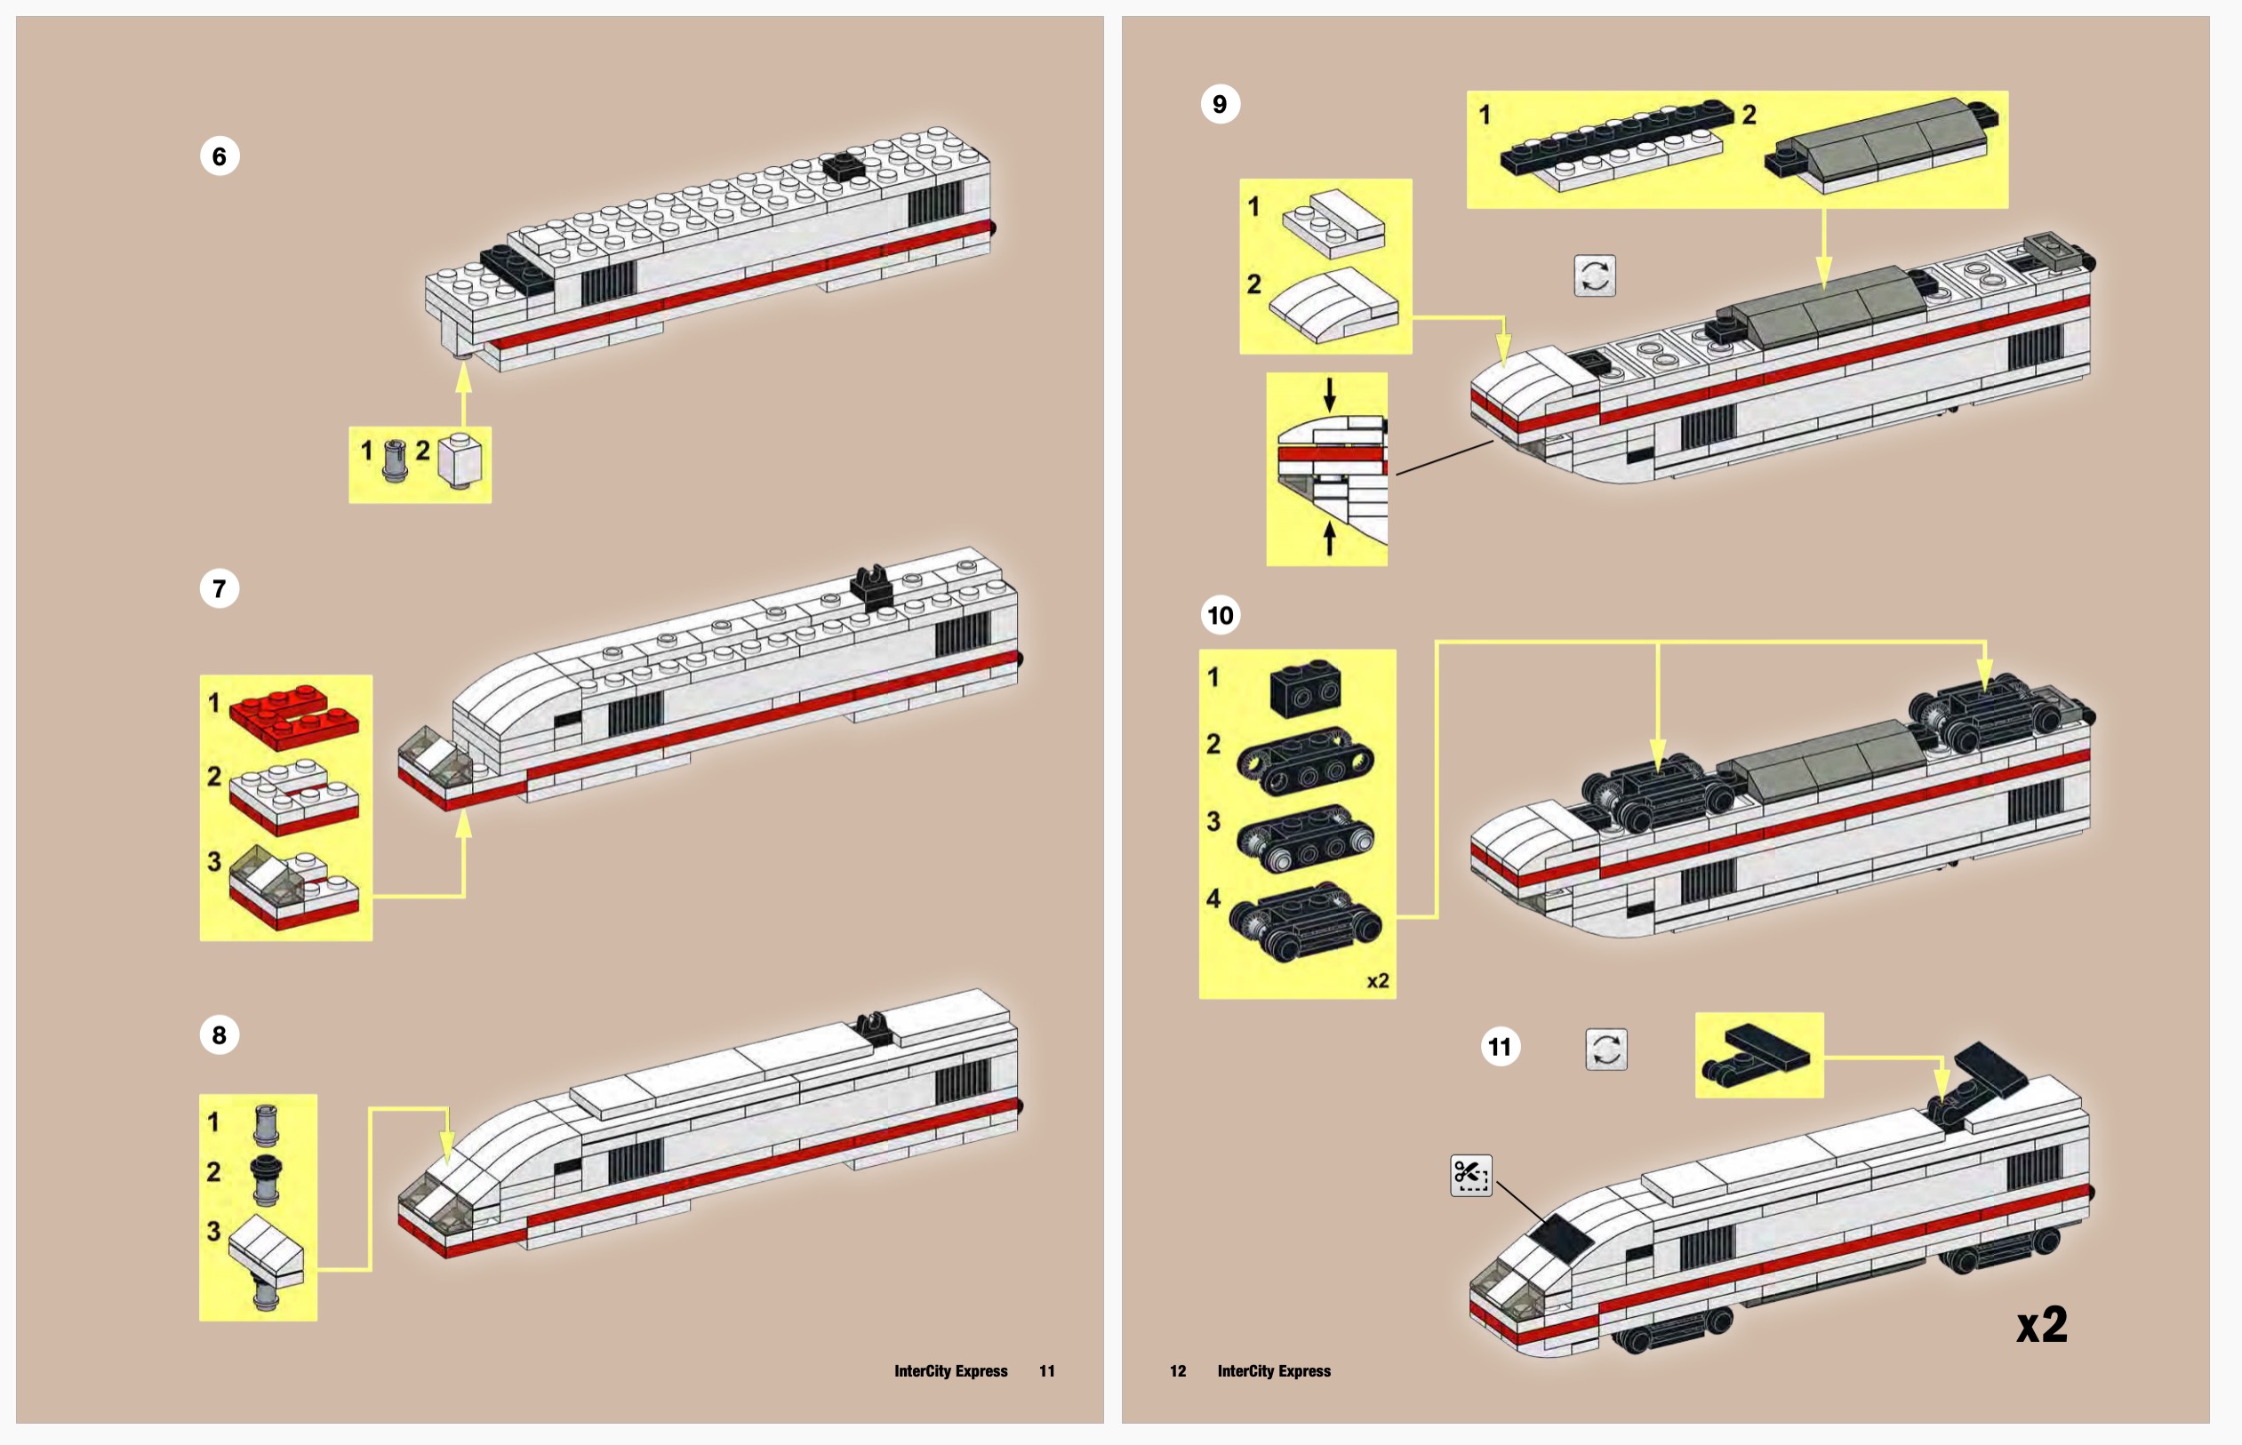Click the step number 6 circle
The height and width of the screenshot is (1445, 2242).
coord(219,156)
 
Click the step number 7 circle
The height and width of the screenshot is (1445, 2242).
coord(219,588)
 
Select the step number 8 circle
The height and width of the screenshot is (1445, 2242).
coord(219,1035)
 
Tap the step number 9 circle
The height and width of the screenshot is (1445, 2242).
coord(1219,103)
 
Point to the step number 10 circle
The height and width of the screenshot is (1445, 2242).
coord(1219,616)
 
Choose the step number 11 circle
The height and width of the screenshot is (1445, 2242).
coord(1500,1046)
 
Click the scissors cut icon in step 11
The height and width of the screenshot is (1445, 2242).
coord(1470,1175)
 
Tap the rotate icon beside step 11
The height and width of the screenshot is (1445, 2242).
coord(1605,1049)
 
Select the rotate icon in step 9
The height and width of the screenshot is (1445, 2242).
coord(1595,275)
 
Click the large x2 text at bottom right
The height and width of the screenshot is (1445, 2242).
coord(2041,1325)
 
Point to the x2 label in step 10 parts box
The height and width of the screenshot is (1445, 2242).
coord(1377,981)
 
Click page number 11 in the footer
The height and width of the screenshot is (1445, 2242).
coord(1046,1371)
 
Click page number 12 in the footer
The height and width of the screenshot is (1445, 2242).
coord(1178,1371)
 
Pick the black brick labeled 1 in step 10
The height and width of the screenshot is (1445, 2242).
coord(1304,688)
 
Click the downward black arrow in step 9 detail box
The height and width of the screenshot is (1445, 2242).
coord(1329,394)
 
